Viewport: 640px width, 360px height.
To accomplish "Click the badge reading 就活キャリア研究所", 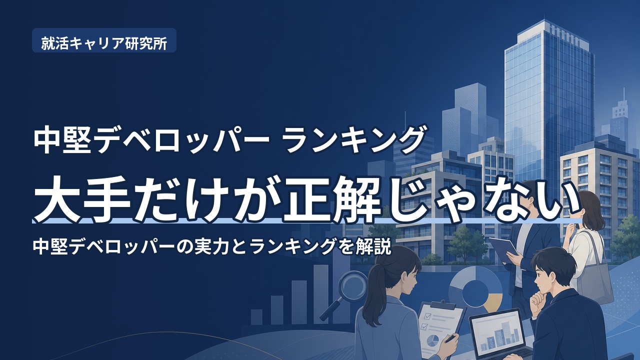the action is click(104, 40).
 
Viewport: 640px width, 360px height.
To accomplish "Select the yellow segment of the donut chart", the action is click(494, 303).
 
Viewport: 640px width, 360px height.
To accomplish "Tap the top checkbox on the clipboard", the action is click(427, 316).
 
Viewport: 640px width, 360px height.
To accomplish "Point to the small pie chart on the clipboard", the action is click(432, 341).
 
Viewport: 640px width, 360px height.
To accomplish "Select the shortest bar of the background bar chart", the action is click(256, 317).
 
